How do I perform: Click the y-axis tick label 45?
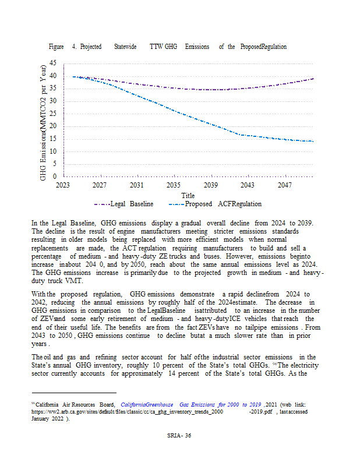click(x=53, y=63)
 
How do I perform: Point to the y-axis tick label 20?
click(x=53, y=126)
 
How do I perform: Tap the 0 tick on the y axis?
click(x=55, y=176)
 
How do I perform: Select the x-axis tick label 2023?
click(x=63, y=185)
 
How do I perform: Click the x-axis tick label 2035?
click(x=173, y=185)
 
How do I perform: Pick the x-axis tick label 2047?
click(x=284, y=185)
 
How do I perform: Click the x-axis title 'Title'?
click(x=188, y=196)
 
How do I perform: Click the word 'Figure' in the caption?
click(x=57, y=47)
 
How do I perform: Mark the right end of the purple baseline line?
click(x=313, y=79)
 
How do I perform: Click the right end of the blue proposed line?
click(x=313, y=142)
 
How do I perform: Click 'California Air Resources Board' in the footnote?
click(x=76, y=404)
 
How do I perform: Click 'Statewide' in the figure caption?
click(x=125, y=47)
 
